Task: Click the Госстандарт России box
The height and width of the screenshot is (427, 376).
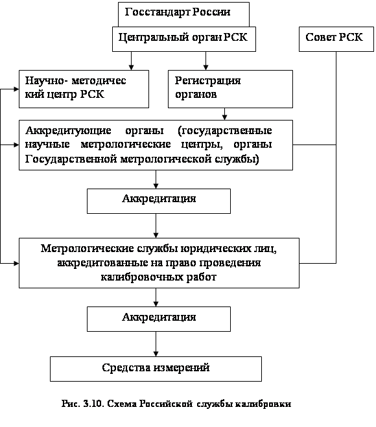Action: pos(183,14)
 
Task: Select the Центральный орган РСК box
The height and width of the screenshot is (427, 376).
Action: pos(184,39)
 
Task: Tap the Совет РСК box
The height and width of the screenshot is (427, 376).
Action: pos(336,39)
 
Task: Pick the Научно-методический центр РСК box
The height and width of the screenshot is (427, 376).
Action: pos(84,89)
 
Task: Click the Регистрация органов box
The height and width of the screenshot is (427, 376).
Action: pos(230,89)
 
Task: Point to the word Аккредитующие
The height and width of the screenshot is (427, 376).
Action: pos(68,131)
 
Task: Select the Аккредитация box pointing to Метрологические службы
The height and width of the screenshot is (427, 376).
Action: pos(159,201)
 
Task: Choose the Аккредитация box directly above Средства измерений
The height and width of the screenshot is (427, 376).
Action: pos(159,319)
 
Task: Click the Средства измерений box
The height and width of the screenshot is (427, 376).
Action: pos(156,369)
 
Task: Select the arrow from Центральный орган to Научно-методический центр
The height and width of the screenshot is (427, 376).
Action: pos(132,61)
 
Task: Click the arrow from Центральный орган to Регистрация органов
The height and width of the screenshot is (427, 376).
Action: pos(206,61)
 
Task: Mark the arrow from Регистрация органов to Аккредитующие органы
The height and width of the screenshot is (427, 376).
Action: pos(224,114)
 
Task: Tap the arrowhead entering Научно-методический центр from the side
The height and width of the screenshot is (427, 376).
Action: pos(16,89)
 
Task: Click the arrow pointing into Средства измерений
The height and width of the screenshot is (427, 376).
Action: pos(156,344)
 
